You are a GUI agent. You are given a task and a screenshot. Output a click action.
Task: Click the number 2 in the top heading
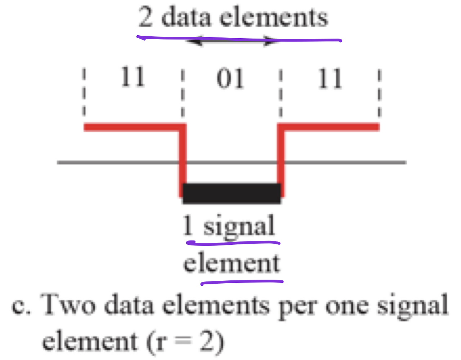[x=146, y=18]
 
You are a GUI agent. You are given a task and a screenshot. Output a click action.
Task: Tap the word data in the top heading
[x=186, y=18]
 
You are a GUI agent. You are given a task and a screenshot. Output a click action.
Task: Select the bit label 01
[x=230, y=79]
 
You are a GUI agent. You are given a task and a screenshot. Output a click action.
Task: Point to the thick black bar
[x=232, y=193]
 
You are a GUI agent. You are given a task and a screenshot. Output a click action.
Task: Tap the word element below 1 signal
[x=232, y=263]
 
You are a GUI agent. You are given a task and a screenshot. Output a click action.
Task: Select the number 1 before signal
[x=188, y=226]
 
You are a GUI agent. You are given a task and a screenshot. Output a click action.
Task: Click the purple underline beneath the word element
[x=242, y=282]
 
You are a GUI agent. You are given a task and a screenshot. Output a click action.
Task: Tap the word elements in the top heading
[x=274, y=18]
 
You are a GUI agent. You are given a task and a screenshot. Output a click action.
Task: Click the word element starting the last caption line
[x=90, y=341]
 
